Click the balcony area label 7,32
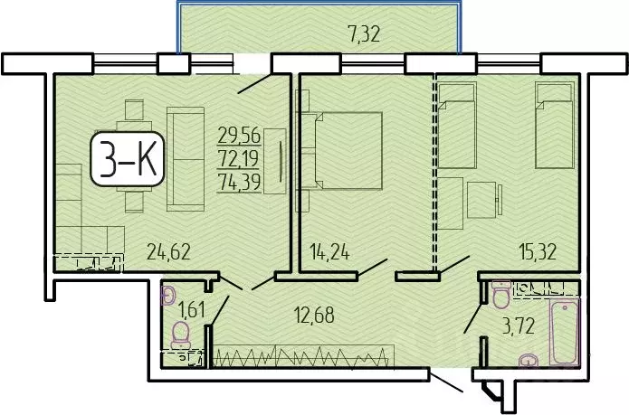click(363, 33)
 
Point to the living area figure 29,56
click(239, 136)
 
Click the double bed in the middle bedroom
click(348, 150)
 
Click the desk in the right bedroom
click(481, 195)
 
